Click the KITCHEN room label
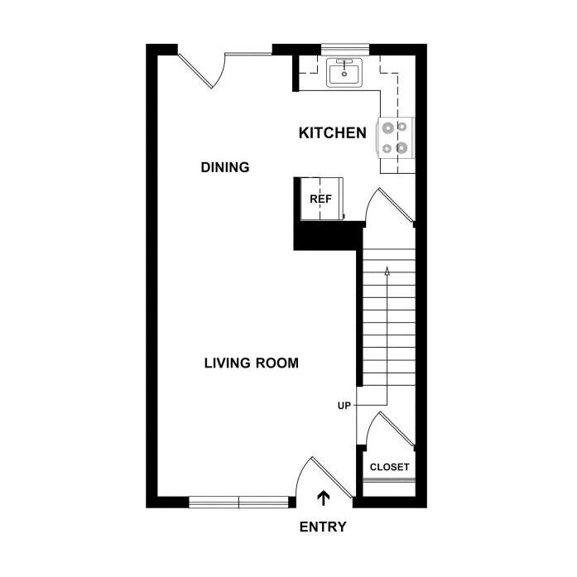332,132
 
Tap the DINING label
225,167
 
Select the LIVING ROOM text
252,363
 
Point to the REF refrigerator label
320,199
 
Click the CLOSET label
389,467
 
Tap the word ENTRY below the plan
323,527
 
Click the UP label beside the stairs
344,406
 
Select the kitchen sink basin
344,73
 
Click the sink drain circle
344,74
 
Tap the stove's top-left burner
388,128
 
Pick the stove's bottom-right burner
401,148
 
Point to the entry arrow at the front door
324,498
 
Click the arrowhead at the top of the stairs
387,271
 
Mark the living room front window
238,502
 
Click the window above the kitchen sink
345,49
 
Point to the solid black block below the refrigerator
328,236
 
